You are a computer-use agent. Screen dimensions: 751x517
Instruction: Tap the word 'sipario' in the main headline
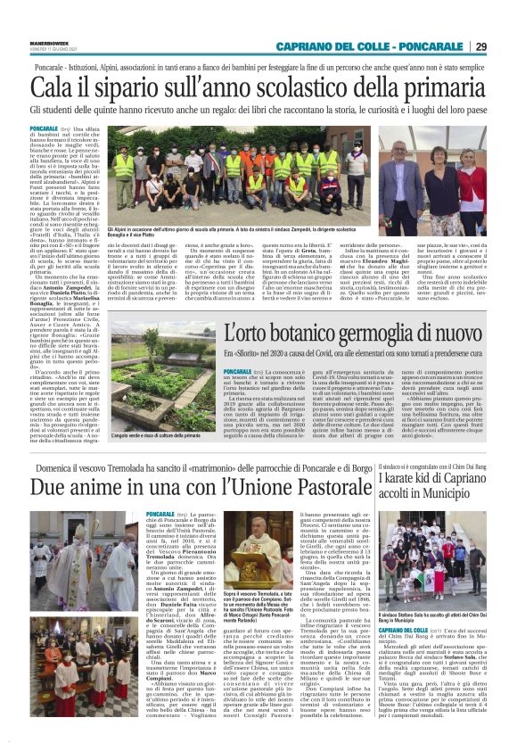click(127, 87)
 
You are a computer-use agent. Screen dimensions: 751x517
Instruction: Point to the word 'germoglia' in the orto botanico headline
click(363, 334)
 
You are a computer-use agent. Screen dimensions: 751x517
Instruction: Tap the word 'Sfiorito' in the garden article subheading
click(248, 354)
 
